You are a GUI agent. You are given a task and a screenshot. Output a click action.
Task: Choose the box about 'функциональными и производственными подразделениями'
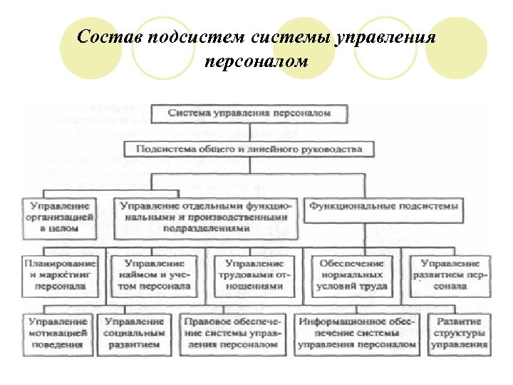(x=206, y=217)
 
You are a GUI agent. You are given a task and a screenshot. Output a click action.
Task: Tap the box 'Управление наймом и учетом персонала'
(x=155, y=274)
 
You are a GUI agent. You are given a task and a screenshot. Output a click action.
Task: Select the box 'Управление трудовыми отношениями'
(x=254, y=274)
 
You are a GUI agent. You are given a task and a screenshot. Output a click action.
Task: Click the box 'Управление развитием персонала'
(x=449, y=274)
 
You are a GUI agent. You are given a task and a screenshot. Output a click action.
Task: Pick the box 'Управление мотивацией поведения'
(x=60, y=333)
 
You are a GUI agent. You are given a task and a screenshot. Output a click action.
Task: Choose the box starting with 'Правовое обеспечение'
(x=233, y=333)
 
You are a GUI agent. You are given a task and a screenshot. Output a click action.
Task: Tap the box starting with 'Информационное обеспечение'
(x=356, y=333)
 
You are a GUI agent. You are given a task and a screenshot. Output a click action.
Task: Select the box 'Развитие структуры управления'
(x=459, y=333)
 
